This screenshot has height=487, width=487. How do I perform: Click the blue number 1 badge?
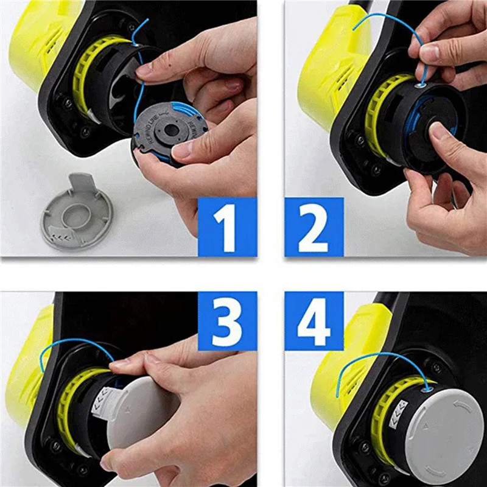pyautogui.click(x=227, y=227)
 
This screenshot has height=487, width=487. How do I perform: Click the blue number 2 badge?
pyautogui.click(x=314, y=227)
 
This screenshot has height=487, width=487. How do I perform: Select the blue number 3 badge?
pyautogui.click(x=227, y=320)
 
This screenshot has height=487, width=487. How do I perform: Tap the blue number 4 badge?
pyautogui.click(x=314, y=320)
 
